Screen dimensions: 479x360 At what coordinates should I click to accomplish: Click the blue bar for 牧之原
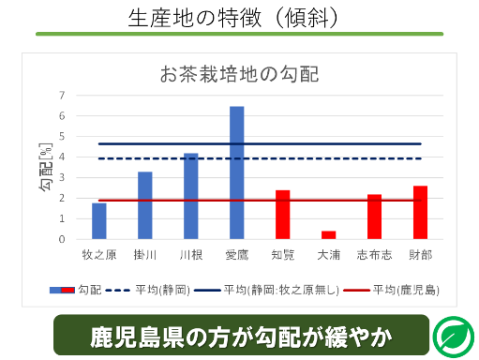pyautogui.click(x=99, y=221)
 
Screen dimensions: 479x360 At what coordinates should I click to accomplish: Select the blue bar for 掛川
pyautogui.click(x=145, y=205)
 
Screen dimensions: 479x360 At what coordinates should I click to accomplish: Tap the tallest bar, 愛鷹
pyautogui.click(x=237, y=172)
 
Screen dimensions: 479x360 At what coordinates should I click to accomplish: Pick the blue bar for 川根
pyautogui.click(x=191, y=196)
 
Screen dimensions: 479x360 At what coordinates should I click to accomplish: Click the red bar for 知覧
pyautogui.click(x=283, y=215)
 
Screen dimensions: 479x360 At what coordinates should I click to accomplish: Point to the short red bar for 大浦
pyautogui.click(x=329, y=235)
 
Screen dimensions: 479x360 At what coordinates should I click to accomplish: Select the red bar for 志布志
pyautogui.click(x=374, y=217)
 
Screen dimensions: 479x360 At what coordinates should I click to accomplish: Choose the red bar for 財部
pyautogui.click(x=420, y=213)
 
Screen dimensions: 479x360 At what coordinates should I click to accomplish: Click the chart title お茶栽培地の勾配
pyautogui.click(x=239, y=74)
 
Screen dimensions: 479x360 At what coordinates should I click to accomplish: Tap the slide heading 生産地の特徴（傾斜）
pyautogui.click(x=233, y=18)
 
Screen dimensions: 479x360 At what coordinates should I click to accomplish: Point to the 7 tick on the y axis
pyautogui.click(x=62, y=95)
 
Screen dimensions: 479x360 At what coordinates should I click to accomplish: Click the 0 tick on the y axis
pyautogui.click(x=62, y=239)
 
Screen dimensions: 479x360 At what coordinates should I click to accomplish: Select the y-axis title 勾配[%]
pyautogui.click(x=46, y=167)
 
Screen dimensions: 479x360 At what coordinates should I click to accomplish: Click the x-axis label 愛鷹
pyautogui.click(x=237, y=255)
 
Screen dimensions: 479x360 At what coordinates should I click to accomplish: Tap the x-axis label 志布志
pyautogui.click(x=374, y=255)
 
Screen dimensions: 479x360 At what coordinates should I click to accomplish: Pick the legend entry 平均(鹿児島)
pyautogui.click(x=392, y=291)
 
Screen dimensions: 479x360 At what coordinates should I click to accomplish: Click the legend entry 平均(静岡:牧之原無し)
pyautogui.click(x=266, y=291)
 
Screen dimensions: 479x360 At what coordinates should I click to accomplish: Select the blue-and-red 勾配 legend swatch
pyautogui.click(x=62, y=291)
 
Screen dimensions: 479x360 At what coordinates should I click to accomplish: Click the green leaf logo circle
pyautogui.click(x=455, y=337)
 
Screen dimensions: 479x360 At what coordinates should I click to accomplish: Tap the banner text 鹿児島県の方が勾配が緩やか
pyautogui.click(x=241, y=337)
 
